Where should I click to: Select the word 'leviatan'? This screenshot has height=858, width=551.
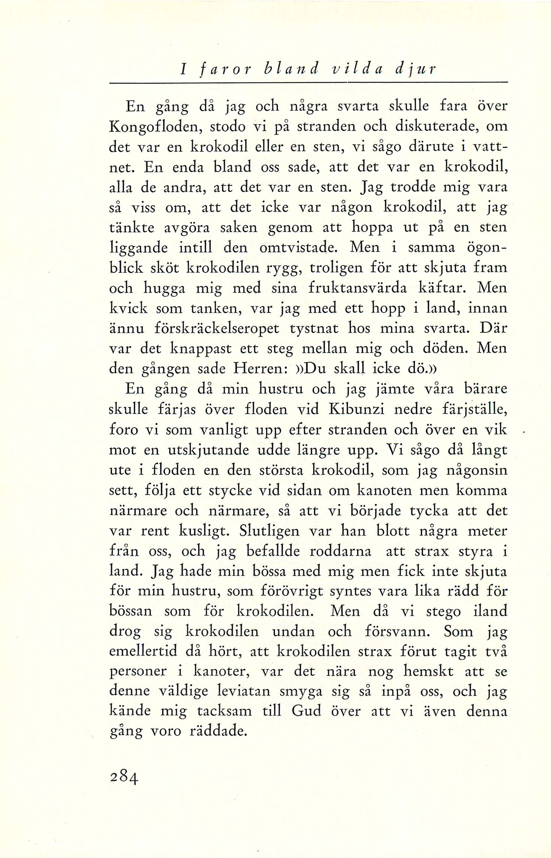tap(244, 690)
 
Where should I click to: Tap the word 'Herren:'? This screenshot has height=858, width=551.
tap(260, 369)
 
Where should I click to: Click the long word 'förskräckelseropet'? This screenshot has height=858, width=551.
tap(217, 329)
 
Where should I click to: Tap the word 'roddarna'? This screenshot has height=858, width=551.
tap(340, 551)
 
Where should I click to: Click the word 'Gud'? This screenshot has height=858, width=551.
tap(306, 711)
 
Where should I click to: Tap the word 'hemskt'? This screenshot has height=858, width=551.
tap(428, 671)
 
